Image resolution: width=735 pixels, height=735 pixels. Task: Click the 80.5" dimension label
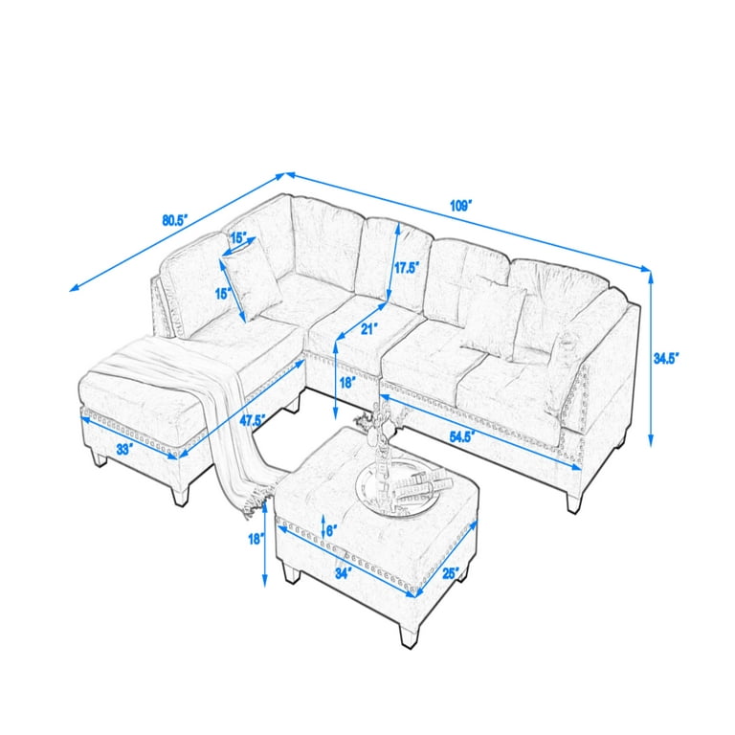tap(174, 219)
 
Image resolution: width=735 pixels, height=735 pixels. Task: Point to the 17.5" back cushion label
tap(407, 269)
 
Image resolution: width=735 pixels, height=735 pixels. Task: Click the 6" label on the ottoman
tap(330, 529)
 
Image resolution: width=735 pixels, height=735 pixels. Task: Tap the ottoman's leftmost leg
tap(288, 574)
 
